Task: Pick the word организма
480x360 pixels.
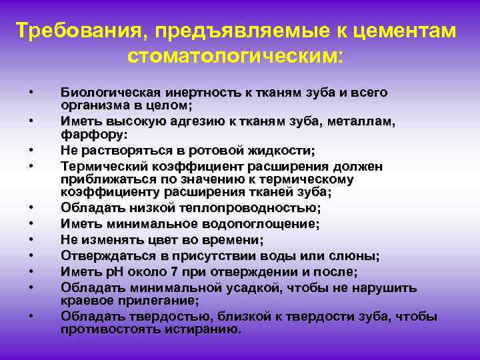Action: click(90, 105)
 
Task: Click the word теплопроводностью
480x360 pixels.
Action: click(243, 208)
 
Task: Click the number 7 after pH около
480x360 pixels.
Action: click(169, 272)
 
